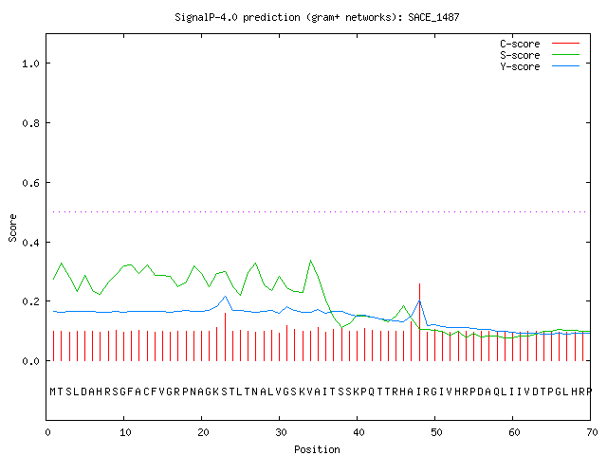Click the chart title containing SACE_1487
[x=317, y=17]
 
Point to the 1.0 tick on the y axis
[x=30, y=64]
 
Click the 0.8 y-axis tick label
[x=30, y=123]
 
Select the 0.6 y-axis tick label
[x=30, y=183]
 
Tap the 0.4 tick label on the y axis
[x=30, y=243]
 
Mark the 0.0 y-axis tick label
[x=30, y=361]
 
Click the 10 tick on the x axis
[x=125, y=432]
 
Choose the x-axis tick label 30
[x=281, y=432]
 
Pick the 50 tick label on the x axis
[x=436, y=432]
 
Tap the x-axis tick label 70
[x=592, y=432]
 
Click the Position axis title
[x=317, y=449]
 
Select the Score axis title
[x=12, y=227]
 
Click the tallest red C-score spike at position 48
[x=419, y=322]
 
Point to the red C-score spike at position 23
[x=226, y=337]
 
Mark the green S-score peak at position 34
[x=310, y=261]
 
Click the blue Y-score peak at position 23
[x=226, y=297]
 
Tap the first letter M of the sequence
[x=53, y=391]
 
